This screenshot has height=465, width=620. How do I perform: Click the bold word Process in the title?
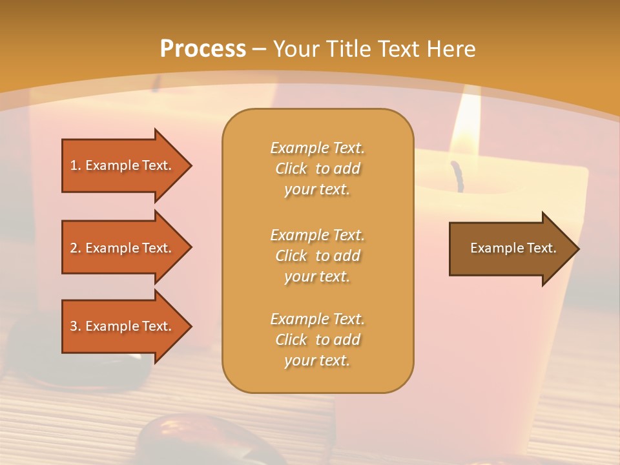point(203,49)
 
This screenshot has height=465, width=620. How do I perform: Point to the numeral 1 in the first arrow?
point(74,165)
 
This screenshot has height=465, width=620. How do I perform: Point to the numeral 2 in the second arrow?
point(74,248)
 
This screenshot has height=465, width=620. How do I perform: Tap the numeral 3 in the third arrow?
point(74,326)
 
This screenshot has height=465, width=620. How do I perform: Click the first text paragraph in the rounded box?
point(317,169)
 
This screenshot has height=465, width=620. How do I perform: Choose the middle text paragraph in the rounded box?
point(317,255)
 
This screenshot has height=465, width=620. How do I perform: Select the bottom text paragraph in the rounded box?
point(317,340)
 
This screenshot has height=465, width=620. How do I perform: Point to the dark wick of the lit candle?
point(458,176)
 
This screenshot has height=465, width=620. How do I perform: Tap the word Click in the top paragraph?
point(291,169)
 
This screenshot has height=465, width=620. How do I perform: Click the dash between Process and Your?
point(260,49)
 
